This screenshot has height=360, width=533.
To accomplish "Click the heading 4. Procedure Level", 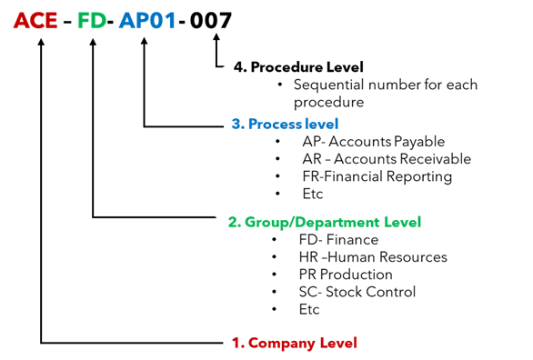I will [x=297, y=67].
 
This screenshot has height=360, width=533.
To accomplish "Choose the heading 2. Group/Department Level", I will [x=324, y=222].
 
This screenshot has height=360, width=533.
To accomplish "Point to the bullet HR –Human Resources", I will [x=359, y=257].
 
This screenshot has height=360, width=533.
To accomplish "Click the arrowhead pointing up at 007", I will [x=216, y=41].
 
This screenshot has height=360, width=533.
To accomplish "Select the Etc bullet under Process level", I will [x=312, y=194].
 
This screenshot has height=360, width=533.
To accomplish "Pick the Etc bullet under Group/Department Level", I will [x=309, y=309].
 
